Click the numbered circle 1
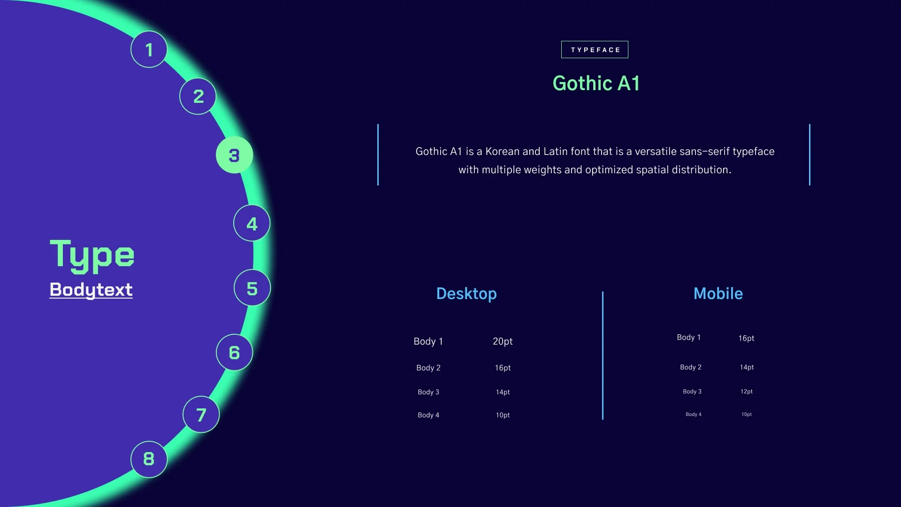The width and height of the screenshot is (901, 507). (149, 49)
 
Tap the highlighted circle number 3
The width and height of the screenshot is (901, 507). (234, 155)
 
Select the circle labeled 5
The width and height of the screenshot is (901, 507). (252, 288)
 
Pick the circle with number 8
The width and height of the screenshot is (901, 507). (149, 459)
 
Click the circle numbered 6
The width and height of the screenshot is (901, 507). (234, 352)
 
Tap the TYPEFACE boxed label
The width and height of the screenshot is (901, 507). (595, 49)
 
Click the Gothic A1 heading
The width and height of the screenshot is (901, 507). (596, 83)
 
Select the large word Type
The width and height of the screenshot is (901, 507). (92, 255)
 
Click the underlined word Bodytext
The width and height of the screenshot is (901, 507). (91, 290)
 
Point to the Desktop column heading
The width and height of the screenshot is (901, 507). (466, 294)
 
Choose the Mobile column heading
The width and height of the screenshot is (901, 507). (718, 293)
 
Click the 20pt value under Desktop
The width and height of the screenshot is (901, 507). (503, 341)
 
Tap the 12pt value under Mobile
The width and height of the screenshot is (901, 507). (747, 392)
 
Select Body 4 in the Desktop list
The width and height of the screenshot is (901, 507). (428, 415)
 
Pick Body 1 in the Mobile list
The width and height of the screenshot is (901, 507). (688, 337)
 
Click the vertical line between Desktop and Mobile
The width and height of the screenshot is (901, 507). (603, 355)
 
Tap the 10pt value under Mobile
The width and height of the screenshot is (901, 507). (747, 415)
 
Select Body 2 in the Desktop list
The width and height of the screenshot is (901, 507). (428, 368)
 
